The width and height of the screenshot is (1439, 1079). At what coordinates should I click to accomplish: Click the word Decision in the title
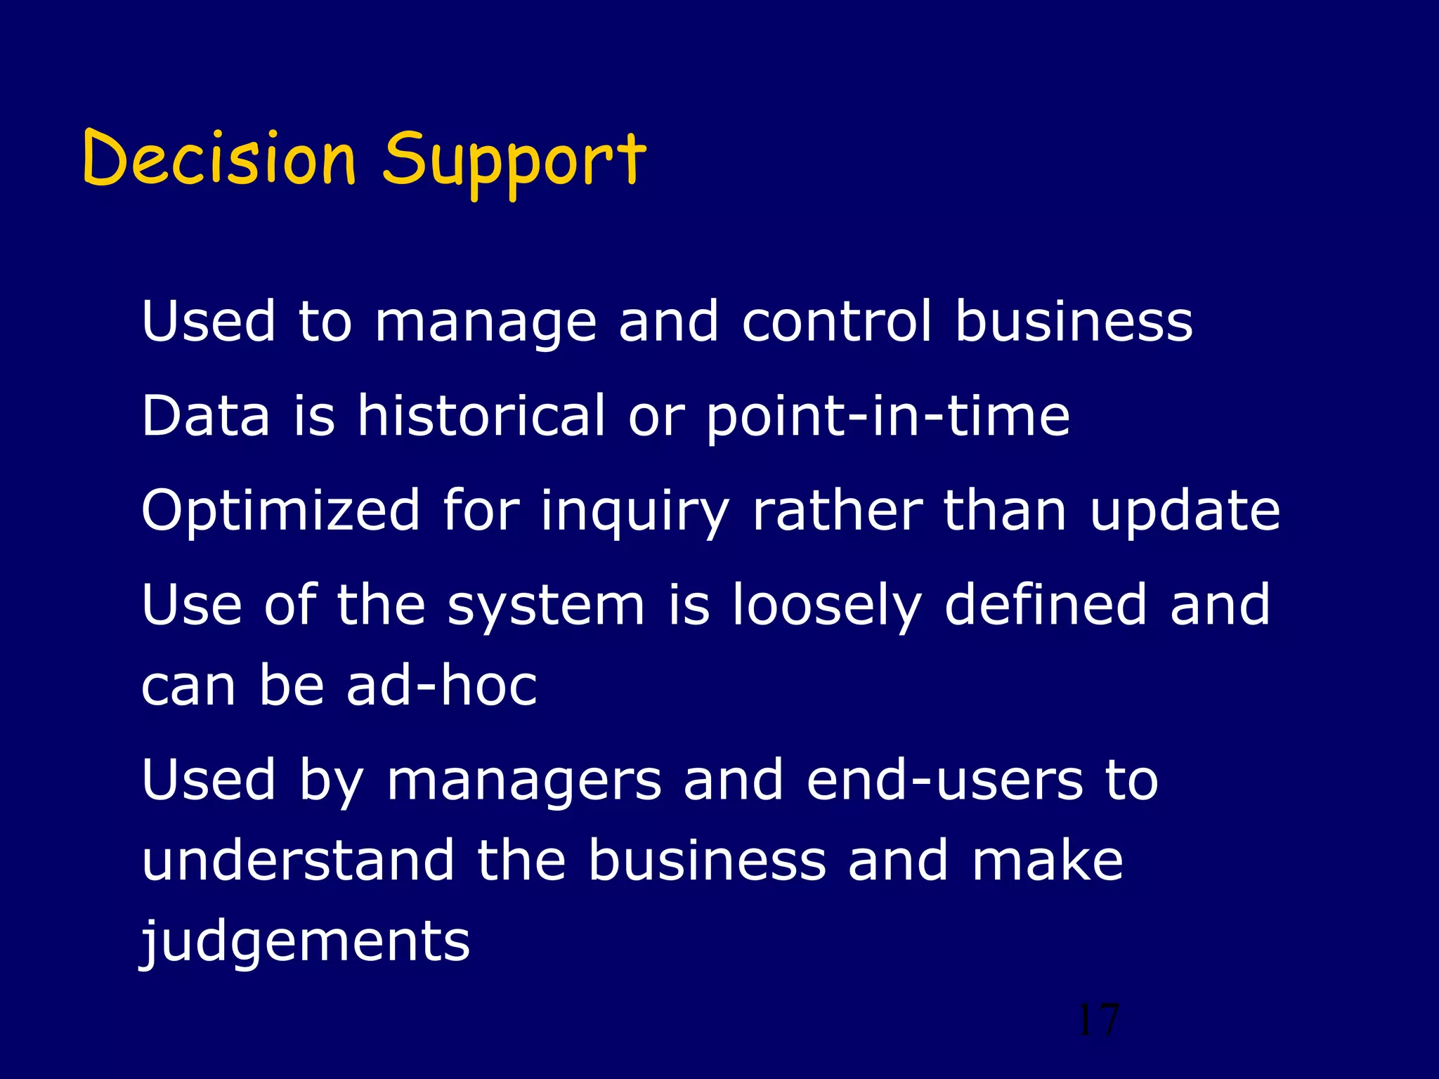(x=219, y=159)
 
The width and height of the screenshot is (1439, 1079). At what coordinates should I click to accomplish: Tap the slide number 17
(x=1098, y=1020)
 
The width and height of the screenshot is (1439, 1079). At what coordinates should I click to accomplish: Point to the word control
(x=837, y=322)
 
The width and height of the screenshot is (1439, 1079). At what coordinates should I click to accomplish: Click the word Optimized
(x=280, y=511)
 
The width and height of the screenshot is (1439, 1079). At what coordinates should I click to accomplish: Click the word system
(x=546, y=607)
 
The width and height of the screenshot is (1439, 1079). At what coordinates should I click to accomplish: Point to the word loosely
(x=826, y=607)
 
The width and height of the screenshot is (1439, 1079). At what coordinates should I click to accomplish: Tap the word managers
(x=524, y=783)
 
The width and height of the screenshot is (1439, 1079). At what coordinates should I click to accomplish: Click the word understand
(x=298, y=861)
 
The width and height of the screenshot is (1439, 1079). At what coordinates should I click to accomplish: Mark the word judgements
(x=305, y=943)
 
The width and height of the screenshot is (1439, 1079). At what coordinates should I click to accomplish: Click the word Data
(x=206, y=416)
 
